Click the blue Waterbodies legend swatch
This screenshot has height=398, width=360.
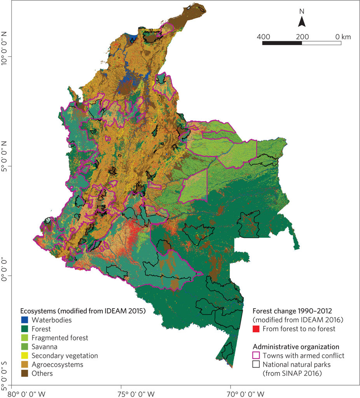(x=25, y=320)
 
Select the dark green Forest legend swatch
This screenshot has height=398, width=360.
(x=25, y=329)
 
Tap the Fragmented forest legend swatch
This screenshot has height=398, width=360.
(x=25, y=338)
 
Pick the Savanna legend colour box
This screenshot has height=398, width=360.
(x=25, y=347)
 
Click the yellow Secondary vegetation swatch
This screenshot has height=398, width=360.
(x=25, y=356)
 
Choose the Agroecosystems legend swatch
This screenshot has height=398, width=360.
(x=25, y=365)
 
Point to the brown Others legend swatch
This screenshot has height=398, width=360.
(x=25, y=374)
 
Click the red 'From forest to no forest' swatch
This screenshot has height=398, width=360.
(x=256, y=329)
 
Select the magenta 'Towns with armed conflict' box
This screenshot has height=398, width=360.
(x=256, y=356)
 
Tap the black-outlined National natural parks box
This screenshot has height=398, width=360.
(x=256, y=365)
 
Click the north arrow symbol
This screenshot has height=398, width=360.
(x=302, y=22)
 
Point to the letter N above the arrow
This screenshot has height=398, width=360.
(x=302, y=12)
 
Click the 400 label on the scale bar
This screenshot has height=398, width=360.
(x=264, y=37)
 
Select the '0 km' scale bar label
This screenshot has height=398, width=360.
(x=343, y=37)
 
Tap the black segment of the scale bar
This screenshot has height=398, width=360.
(x=282, y=43)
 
